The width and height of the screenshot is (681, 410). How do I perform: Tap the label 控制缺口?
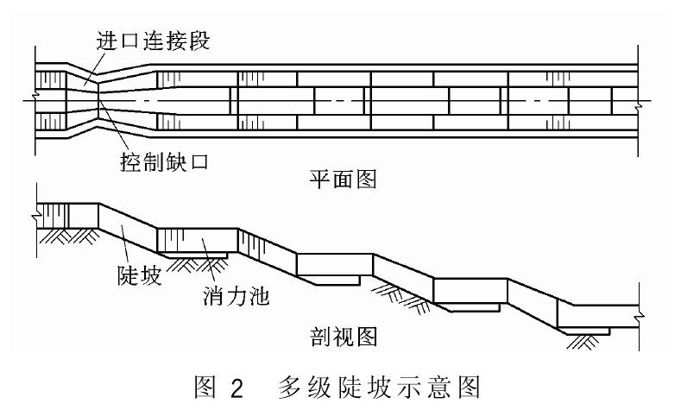[160, 161]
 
